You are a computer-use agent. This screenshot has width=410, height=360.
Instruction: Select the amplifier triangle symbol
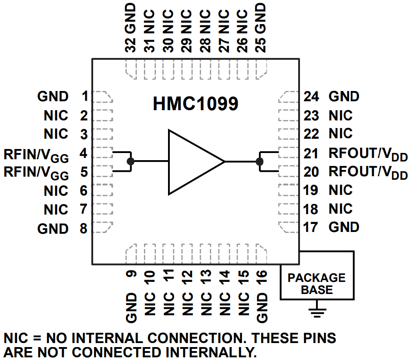(192, 162)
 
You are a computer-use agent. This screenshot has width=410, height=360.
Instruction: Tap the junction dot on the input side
(130, 161)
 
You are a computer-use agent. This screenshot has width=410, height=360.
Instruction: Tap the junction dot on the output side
(260, 161)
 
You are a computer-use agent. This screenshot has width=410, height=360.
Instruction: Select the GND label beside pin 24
(344, 96)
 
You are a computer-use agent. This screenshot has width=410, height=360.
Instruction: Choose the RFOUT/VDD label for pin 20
(368, 172)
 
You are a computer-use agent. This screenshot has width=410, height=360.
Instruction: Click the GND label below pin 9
(131, 308)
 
